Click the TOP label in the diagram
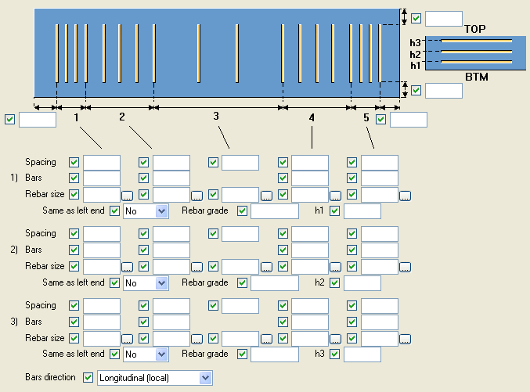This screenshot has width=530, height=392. click(474, 30)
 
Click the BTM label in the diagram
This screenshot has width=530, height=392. click(476, 77)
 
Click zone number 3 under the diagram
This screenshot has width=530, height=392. click(216, 117)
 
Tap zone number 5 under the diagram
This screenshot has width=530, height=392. click(366, 117)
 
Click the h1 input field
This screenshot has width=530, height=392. click(362, 211)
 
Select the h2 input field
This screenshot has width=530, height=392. click(362, 282)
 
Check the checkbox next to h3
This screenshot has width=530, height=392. click(335, 354)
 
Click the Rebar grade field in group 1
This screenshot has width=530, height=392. click(275, 211)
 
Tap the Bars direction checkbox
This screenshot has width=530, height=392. click(88, 378)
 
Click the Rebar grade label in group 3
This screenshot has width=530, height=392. click(205, 354)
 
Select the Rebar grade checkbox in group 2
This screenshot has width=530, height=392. click(242, 282)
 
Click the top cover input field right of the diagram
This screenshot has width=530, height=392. click(443, 19)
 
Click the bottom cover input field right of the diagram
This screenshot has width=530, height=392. click(443, 91)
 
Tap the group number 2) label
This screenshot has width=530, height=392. click(14, 249)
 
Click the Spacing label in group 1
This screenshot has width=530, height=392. click(41, 162)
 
